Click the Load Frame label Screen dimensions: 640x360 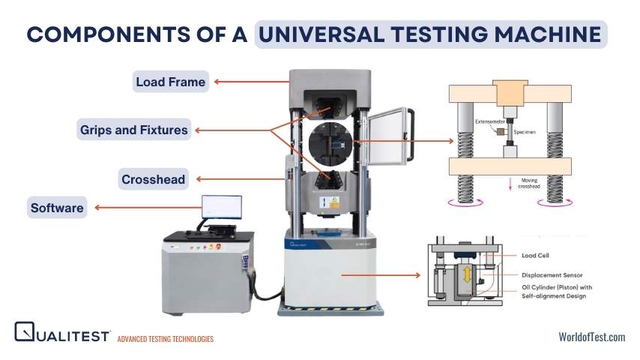171,82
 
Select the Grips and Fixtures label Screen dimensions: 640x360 134,130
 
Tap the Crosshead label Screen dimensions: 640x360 154,179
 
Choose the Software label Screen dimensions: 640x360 57,207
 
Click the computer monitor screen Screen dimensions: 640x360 222,207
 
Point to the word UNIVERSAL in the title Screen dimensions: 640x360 321,34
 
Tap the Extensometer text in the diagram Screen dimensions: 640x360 490,121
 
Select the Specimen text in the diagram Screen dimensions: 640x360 525,132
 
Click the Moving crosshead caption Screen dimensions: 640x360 529,183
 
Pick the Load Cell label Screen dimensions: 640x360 535,256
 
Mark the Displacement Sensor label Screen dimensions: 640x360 552,275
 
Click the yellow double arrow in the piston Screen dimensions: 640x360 467,274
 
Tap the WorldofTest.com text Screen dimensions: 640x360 592,337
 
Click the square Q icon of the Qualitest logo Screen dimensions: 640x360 25,331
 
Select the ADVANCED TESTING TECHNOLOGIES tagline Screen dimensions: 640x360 166,339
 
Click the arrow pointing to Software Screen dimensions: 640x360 148,208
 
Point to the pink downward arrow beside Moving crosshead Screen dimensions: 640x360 510,184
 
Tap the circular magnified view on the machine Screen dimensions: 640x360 330,143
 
